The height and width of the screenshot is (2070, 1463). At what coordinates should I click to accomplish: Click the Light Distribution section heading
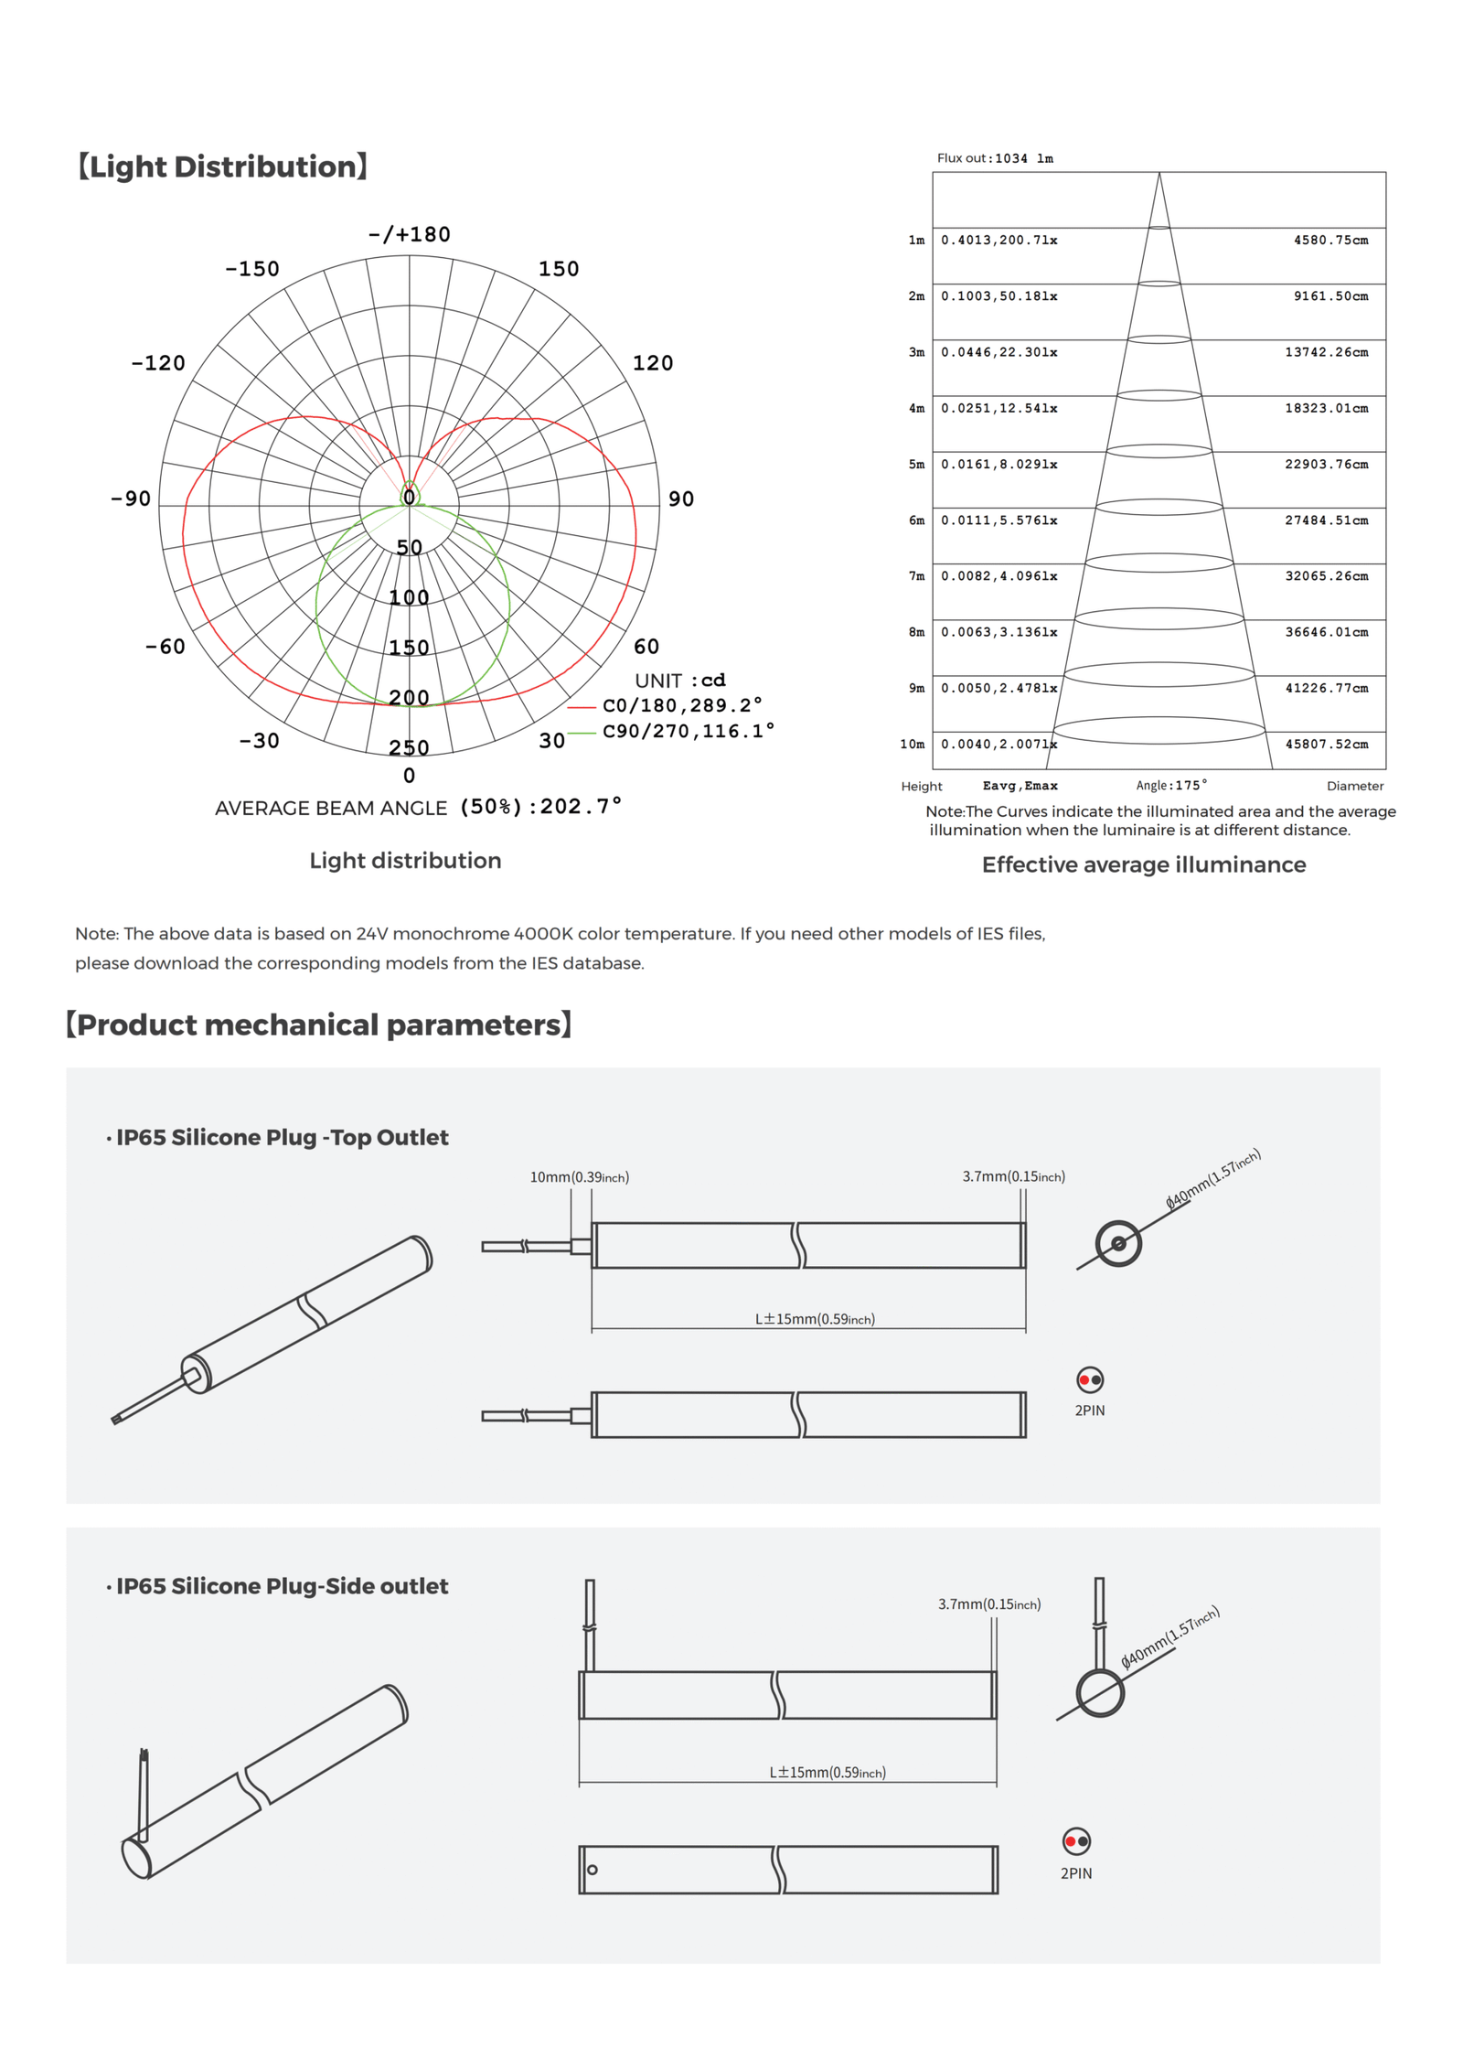click(222, 166)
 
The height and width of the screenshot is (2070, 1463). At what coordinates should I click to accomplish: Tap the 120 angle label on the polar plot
click(652, 363)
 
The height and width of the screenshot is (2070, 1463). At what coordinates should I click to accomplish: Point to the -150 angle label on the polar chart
click(252, 269)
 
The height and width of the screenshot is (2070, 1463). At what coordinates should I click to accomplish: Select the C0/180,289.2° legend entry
click(681, 705)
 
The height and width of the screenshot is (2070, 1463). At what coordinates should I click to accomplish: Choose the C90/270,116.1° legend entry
click(688, 731)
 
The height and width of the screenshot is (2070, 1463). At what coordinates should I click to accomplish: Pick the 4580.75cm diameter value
click(1330, 241)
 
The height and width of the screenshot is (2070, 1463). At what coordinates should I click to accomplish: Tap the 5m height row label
click(915, 465)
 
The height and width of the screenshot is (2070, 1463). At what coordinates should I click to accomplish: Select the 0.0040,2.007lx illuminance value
click(998, 745)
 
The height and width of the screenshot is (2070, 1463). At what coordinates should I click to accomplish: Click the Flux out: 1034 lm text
click(994, 158)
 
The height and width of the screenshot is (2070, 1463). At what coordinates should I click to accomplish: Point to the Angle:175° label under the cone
click(1170, 785)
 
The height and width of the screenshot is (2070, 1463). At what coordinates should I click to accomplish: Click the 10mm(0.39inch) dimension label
click(579, 1177)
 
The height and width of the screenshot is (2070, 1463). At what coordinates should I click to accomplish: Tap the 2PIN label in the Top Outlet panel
click(1089, 1410)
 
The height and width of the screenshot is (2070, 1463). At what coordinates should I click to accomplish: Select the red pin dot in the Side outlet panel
click(1070, 1841)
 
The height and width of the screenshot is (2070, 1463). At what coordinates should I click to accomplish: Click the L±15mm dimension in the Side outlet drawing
click(827, 1773)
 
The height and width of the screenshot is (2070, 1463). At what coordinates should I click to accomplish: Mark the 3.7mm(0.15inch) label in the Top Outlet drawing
click(1013, 1176)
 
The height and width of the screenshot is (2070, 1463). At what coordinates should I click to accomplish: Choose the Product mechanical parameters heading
click(318, 1024)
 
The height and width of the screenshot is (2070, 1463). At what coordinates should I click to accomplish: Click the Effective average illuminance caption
click(1143, 864)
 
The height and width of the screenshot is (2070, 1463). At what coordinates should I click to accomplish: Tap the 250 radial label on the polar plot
click(409, 748)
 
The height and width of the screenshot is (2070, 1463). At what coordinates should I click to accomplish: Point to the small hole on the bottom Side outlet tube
click(593, 1870)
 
